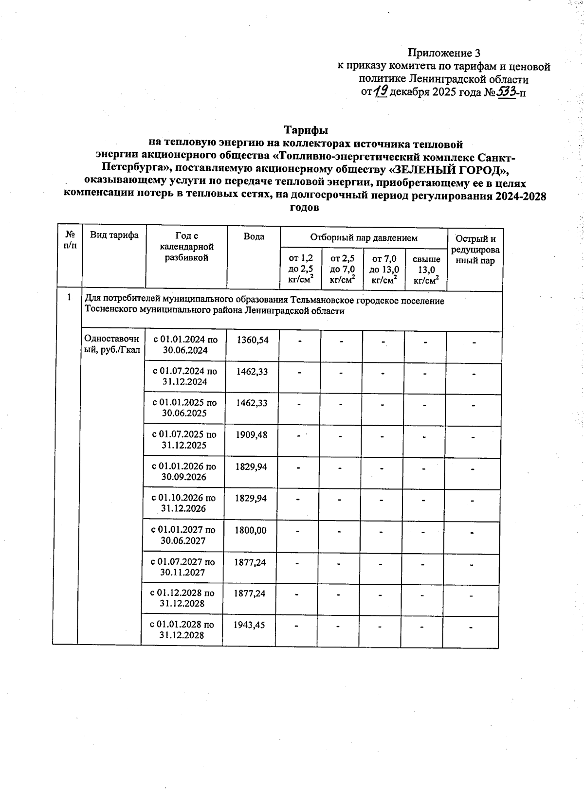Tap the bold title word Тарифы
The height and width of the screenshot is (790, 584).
coord(306,130)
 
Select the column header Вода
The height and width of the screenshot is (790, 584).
coord(254,237)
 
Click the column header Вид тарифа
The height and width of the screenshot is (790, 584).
coord(114,235)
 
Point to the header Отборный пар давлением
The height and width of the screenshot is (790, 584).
coord(364,238)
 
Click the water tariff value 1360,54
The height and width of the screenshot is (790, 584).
coord(252,340)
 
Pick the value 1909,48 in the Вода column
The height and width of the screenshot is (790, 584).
coord(251,434)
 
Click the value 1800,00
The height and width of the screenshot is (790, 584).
coord(250,530)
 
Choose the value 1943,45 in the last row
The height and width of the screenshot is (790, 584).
coord(249,625)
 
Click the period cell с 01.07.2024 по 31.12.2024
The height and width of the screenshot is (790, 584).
coord(185,377)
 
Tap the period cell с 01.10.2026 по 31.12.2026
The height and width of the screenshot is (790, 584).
coord(183,503)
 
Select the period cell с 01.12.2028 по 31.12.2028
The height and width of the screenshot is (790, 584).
coord(182,598)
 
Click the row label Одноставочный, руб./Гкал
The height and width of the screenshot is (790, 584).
coord(112,344)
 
